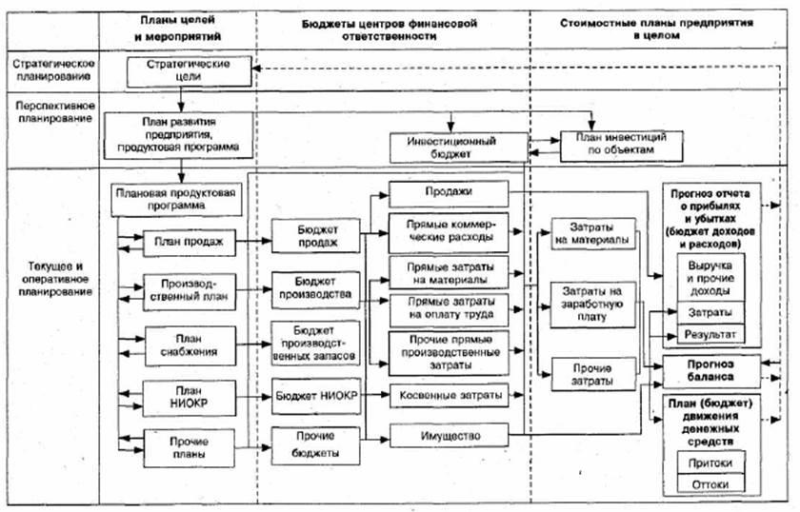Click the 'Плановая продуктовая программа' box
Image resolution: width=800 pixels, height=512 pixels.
178,198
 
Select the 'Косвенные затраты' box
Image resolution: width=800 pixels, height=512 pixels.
447,392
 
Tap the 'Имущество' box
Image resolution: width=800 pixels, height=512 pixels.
447,436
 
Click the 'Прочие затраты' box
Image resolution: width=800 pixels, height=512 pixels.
590,374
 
